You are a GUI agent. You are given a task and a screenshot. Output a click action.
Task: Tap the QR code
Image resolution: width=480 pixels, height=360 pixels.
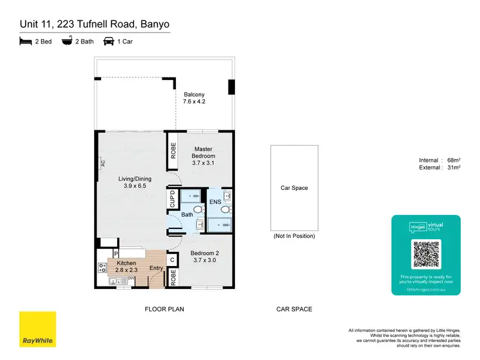coord(426,254)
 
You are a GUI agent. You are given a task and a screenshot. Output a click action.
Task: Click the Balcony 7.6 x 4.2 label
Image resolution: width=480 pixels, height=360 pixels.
coord(194,98)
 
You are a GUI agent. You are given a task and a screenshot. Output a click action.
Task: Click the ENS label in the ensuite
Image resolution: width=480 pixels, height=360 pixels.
coord(215,202)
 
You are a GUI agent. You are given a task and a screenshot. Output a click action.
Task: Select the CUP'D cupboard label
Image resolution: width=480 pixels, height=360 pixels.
coord(172,198)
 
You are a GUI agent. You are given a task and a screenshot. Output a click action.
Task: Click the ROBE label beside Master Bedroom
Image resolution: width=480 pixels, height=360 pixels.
coord(173,150)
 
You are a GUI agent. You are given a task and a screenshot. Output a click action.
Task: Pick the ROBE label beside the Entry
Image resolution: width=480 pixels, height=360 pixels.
coord(172,277)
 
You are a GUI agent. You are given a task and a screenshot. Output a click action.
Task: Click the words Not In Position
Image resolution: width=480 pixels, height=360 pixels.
coord(294,236)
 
